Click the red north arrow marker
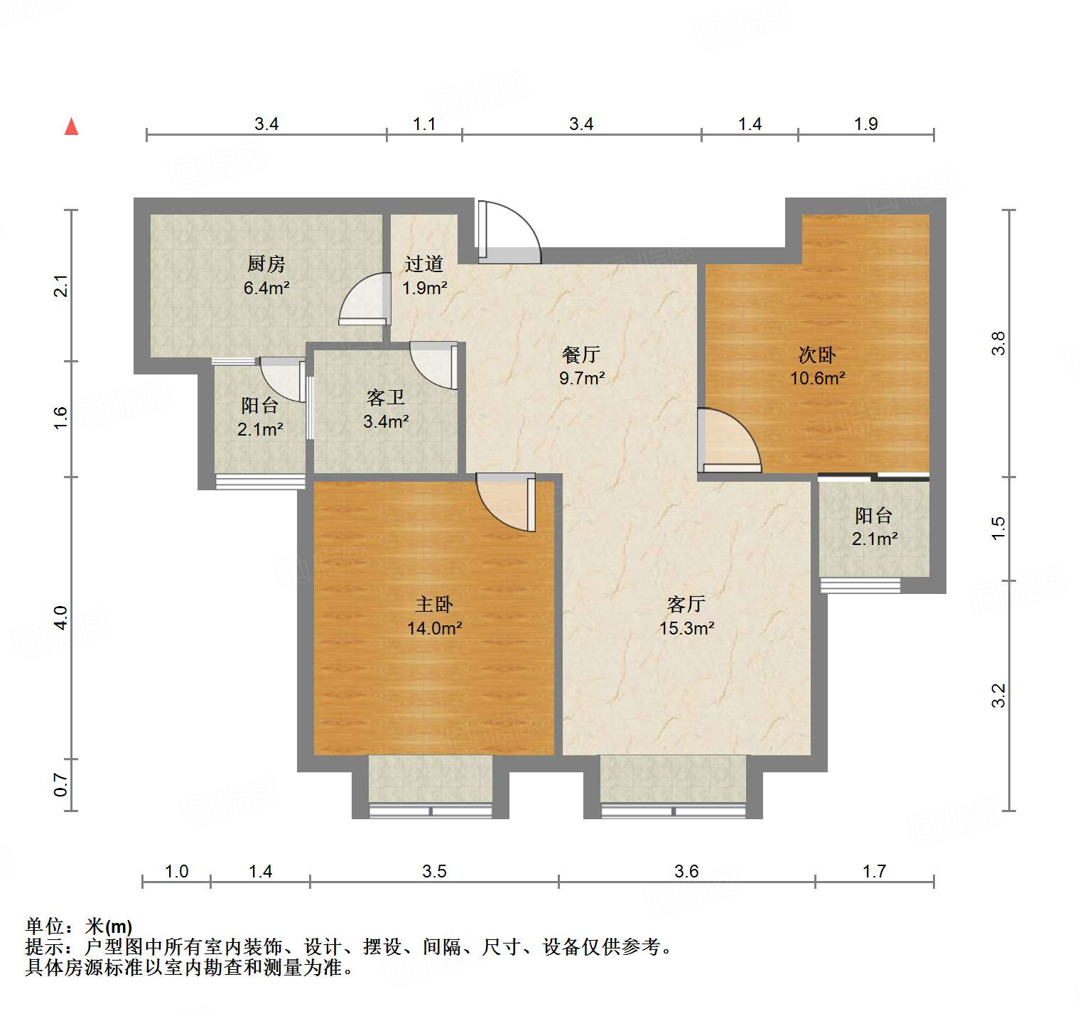click(71, 126)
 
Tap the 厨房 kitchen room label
click(266, 264)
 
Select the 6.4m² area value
click(266, 288)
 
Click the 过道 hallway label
click(424, 264)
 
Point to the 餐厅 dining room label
click(581, 354)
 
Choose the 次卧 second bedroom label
click(817, 354)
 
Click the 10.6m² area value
click(817, 378)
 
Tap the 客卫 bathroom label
click(386, 397)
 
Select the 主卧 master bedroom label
click(434, 604)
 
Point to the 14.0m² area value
click(434, 628)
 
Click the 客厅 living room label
click(686, 604)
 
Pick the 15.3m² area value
click(686, 628)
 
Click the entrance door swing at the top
click(509, 232)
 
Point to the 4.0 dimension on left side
click(61, 617)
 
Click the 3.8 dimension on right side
click(999, 344)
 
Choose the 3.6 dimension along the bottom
click(686, 871)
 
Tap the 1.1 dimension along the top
click(424, 124)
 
